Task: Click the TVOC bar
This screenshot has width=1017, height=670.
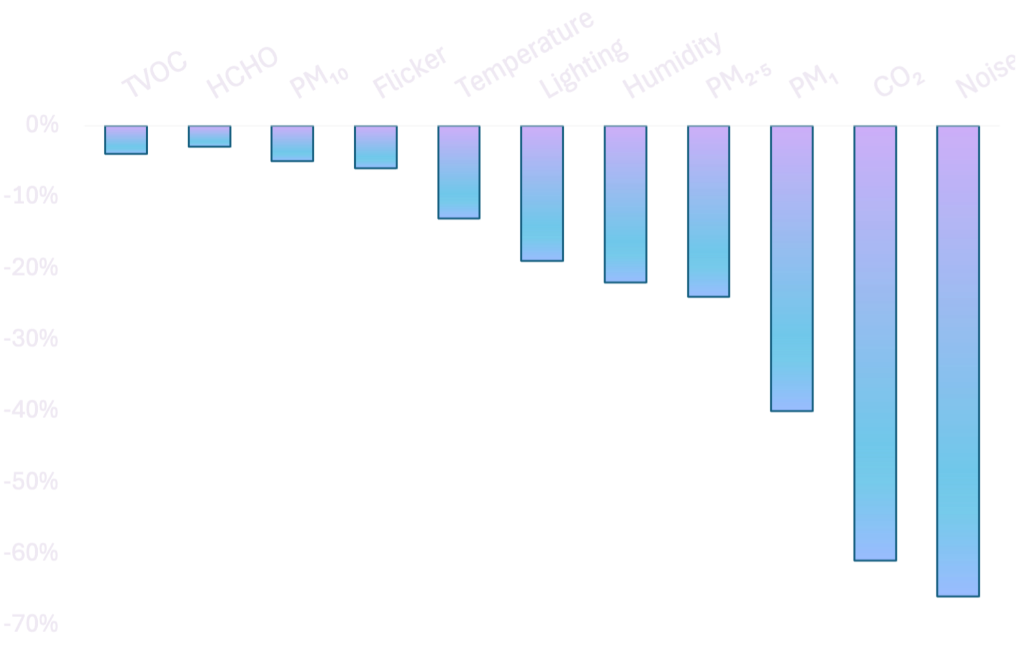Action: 126,140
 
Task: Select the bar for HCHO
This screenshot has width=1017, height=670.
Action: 210,136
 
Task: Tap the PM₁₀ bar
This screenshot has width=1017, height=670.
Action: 292,144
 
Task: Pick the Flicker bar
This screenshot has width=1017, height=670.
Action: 376,147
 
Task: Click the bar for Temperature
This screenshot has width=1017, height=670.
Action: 459,172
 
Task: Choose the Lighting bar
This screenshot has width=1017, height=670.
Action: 542,194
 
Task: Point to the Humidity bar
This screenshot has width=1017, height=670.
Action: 626,204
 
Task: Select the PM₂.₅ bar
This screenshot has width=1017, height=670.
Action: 709,211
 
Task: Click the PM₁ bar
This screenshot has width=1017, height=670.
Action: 792,268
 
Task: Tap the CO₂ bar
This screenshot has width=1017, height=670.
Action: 876,343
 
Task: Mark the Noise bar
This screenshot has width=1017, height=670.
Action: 958,361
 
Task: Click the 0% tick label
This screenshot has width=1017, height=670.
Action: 42,125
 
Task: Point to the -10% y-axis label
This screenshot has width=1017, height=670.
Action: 31,196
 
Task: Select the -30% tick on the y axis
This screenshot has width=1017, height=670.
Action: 31,339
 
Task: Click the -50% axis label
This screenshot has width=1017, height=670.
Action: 31,481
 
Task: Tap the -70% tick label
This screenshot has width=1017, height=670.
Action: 31,624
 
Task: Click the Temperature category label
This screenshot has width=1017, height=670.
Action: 524,53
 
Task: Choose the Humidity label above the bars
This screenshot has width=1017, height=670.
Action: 672,65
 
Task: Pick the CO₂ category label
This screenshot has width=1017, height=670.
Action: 898,81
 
